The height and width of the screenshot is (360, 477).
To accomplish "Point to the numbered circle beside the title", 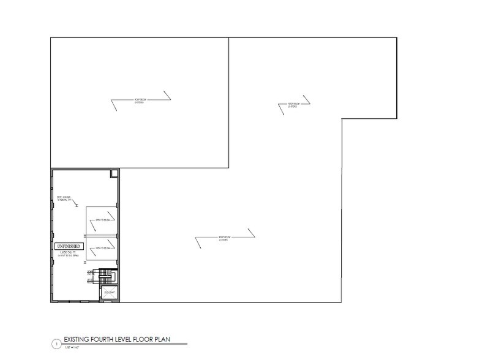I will pyautogui.click(x=56, y=345).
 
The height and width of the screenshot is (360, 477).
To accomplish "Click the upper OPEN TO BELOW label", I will pyautogui.click(x=102, y=220).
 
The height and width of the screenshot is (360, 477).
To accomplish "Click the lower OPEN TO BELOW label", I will pyautogui.click(x=102, y=249).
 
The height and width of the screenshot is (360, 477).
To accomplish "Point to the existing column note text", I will pyautogui.click(x=64, y=198).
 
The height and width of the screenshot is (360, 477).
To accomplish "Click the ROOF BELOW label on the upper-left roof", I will pyautogui.click(x=142, y=100).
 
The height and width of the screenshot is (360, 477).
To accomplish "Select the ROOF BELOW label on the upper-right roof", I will pyautogui.click(x=293, y=105).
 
